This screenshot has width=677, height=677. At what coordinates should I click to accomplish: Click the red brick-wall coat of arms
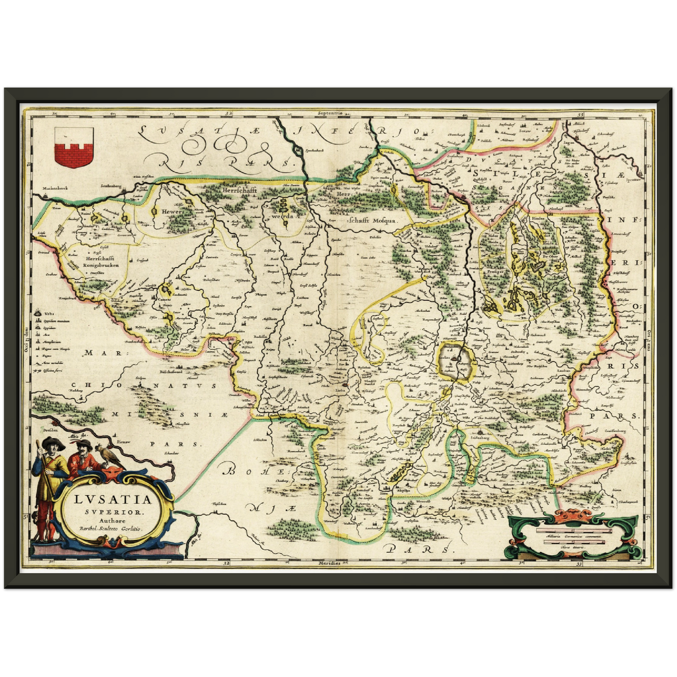pyautogui.click(x=74, y=148)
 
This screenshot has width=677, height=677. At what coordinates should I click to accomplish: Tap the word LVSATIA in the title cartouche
pyautogui.click(x=113, y=499)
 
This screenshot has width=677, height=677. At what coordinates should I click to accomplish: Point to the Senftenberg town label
pyautogui.click(x=111, y=186)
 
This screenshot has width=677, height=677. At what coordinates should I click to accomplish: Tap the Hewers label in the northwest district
pyautogui.click(x=171, y=211)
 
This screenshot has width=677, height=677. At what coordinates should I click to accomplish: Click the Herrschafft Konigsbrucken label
pyautogui.click(x=101, y=261)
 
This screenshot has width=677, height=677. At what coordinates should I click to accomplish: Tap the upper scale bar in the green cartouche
pyautogui.click(x=574, y=531)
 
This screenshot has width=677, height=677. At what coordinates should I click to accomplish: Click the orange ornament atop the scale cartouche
pyautogui.click(x=573, y=516)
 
